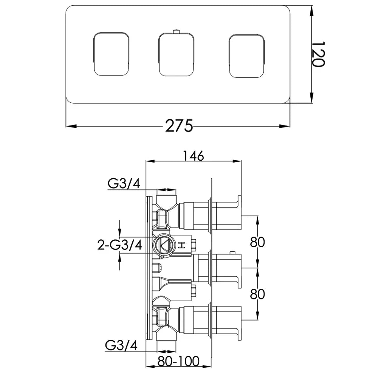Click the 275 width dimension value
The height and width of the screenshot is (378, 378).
pyautogui.click(x=179, y=125)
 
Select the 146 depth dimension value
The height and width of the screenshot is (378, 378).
pyautogui.click(x=193, y=155)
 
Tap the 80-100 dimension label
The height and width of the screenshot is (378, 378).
pyautogui.click(x=179, y=362)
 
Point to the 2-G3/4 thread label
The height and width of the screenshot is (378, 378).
pyautogui.click(x=119, y=245)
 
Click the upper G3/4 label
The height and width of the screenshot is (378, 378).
pyautogui.click(x=124, y=184)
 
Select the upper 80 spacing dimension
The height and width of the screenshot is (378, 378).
pyautogui.click(x=257, y=242)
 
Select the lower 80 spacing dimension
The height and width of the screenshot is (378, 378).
pyautogui.click(x=257, y=294)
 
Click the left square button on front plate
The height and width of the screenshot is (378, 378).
pyautogui.click(x=111, y=53)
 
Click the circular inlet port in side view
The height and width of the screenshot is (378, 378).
pyautogui.click(x=163, y=245)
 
